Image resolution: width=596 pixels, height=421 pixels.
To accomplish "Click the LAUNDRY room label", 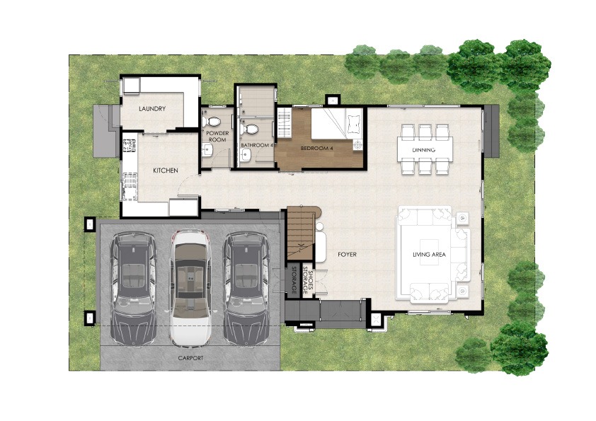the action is click(152, 109).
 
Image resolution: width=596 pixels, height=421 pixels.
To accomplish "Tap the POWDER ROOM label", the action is click(217, 137).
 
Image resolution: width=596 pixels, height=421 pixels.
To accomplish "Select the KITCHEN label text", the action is click(166, 171).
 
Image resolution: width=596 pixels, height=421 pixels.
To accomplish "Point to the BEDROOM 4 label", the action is click(316, 148).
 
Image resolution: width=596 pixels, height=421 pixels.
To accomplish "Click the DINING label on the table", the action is click(424, 150).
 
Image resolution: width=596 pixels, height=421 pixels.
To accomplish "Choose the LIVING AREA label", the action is click(429, 255).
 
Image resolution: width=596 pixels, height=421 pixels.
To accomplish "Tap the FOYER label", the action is click(347, 254).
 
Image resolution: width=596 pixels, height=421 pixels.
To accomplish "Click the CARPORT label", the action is click(190, 358).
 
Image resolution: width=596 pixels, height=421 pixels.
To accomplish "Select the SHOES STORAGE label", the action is click(307, 281).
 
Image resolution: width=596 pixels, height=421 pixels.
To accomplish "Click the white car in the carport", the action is click(190, 288).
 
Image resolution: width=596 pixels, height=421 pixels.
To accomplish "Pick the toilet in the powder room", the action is click(211, 122).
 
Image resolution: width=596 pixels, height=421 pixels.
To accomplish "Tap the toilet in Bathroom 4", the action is click(250, 129).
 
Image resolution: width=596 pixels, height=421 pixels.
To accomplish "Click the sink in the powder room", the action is click(207, 151).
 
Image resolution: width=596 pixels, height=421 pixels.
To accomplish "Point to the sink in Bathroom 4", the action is click(246, 155).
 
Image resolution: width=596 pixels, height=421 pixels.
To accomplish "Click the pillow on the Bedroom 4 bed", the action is click(354, 123).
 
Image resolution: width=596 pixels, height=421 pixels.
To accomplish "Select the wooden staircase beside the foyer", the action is click(300, 233).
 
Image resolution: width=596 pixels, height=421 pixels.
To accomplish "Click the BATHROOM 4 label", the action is click(256, 145).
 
